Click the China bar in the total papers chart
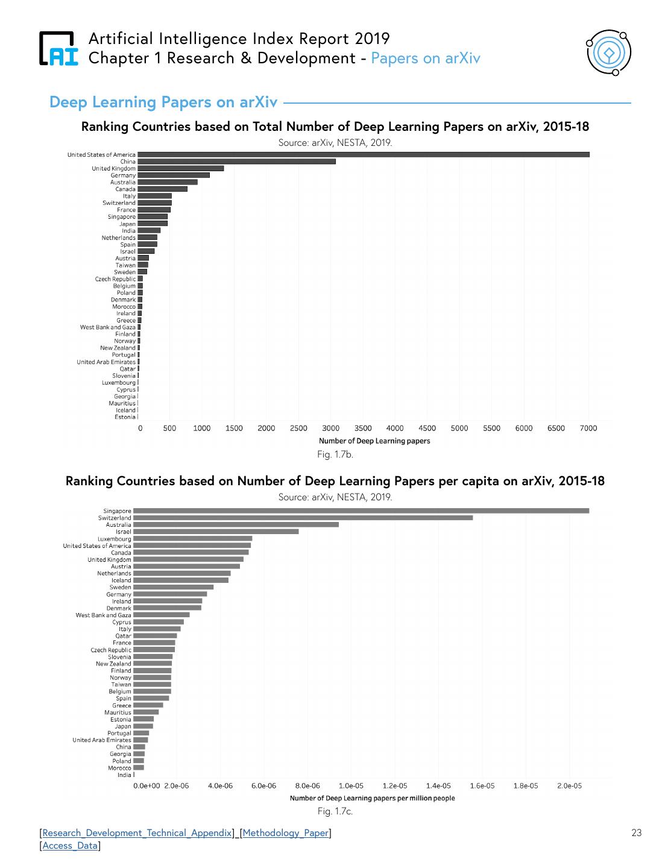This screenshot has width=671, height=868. coord(236,162)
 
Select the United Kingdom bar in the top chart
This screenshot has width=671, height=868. coord(180,169)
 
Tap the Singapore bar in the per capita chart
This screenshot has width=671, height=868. coord(361,511)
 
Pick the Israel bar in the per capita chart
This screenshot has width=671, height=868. coord(216,532)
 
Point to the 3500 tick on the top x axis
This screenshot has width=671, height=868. coord(363,429)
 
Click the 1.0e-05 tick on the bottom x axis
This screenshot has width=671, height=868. coord(351,786)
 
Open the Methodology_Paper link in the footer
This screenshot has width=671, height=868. coord(286,833)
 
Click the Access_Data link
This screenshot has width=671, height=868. coord(70,846)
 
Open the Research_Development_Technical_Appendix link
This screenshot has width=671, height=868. coord(137,833)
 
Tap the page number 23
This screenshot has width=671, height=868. coord(636,833)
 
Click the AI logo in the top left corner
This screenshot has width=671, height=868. coord(58,48)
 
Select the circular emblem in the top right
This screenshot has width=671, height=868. coord(608,53)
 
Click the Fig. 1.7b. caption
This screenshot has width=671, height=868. coord(335,454)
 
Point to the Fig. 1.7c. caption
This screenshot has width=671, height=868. coord(335,811)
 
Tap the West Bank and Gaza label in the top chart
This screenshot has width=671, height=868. coord(108,327)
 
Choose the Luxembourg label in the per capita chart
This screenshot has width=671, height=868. coord(115,539)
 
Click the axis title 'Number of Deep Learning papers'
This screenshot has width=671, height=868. coord(374,441)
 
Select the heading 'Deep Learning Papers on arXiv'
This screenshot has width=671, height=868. coord(163,102)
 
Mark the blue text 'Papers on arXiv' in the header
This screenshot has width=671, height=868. coord(426,58)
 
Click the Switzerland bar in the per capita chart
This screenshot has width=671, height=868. coord(303,518)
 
